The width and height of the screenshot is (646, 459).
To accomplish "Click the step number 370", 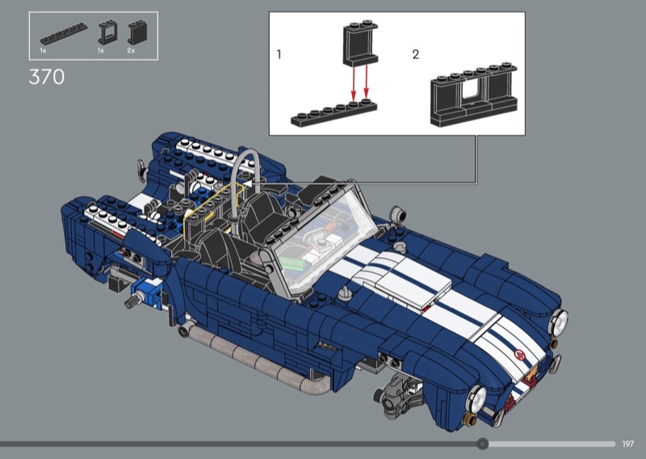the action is [x=47, y=77].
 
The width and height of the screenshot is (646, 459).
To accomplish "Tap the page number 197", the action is [x=628, y=444].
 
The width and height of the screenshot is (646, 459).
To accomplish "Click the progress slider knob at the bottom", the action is [x=482, y=444].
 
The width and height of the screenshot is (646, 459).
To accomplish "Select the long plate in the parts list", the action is [x=64, y=33].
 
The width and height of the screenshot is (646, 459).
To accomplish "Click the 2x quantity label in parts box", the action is [x=131, y=50].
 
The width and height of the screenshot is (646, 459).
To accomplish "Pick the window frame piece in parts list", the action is [x=107, y=32].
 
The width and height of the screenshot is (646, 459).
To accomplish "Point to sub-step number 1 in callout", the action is [x=279, y=54].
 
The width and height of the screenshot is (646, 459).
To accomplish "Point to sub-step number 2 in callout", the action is [x=416, y=54].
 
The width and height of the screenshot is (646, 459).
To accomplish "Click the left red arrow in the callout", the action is [x=353, y=82].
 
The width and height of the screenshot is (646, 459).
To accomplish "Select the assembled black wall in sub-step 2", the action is [x=474, y=94].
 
